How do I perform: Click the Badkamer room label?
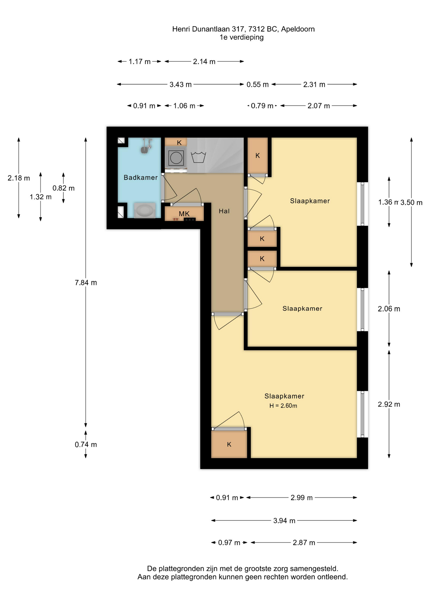[x=141, y=178]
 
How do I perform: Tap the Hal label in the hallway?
[x=224, y=211]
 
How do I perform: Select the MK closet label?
[x=184, y=214]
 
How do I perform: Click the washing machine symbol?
[x=175, y=157]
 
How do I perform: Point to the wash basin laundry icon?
[x=199, y=157]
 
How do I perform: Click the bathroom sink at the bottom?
[x=145, y=210]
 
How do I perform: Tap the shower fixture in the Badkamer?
[x=146, y=146]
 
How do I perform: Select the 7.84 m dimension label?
[x=86, y=283]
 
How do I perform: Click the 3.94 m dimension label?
[x=284, y=521]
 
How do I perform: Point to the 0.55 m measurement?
[x=258, y=85]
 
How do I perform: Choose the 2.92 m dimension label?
[x=389, y=404]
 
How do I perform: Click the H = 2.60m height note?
[x=283, y=406]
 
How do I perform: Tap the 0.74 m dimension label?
[x=86, y=445]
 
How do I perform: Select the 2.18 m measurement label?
[x=19, y=178]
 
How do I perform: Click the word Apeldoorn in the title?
[x=298, y=29]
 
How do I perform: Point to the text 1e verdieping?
[x=242, y=37]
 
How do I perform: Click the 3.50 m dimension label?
[x=411, y=203]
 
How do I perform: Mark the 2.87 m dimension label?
[x=304, y=543]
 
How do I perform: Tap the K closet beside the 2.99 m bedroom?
[x=229, y=445]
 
